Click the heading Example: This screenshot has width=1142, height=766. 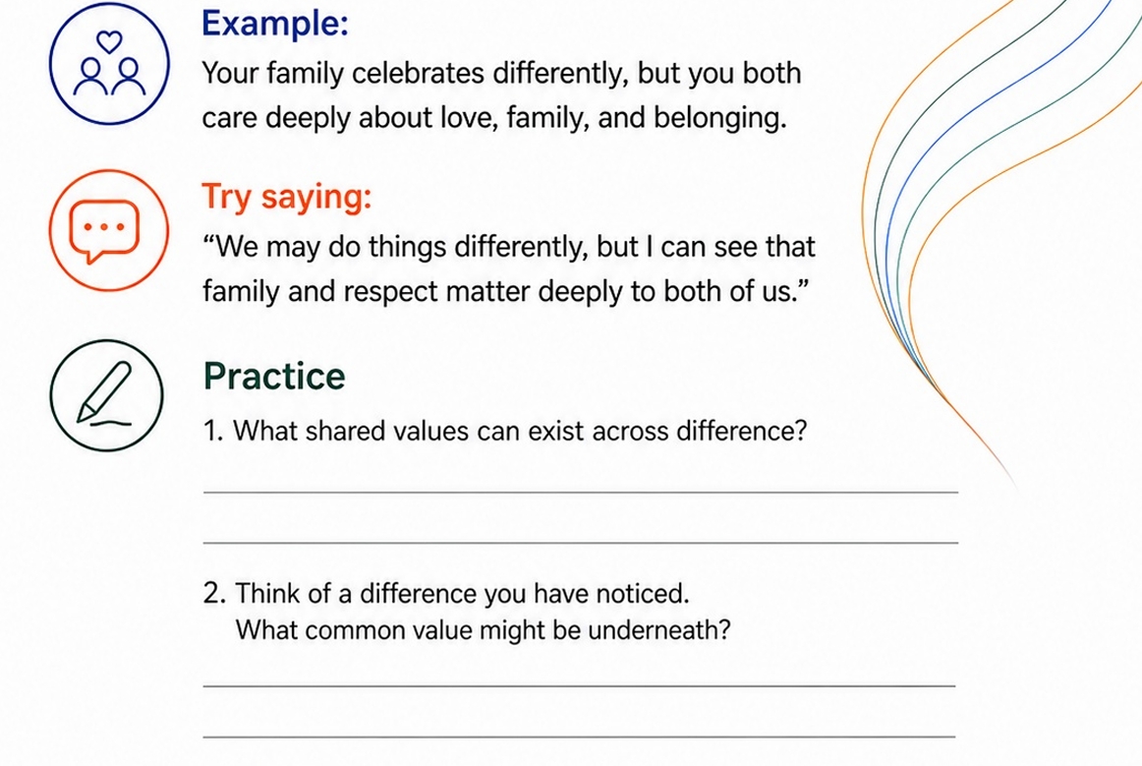(x=274, y=24)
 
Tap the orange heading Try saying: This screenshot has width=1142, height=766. (x=286, y=197)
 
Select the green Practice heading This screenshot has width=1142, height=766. (x=274, y=376)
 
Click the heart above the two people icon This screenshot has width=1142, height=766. (x=109, y=42)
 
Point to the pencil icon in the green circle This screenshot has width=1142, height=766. (x=104, y=392)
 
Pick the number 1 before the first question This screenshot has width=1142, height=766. (x=212, y=431)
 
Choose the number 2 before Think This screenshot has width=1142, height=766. (x=214, y=593)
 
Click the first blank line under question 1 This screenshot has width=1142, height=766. (x=581, y=493)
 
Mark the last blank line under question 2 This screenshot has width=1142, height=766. (x=579, y=737)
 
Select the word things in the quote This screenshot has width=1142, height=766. (x=407, y=248)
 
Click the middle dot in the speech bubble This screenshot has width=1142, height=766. (x=104, y=227)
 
